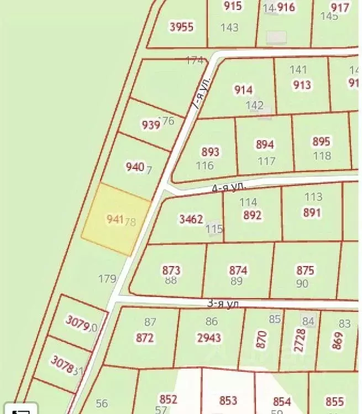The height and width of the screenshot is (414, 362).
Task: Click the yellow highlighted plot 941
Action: click(x=116, y=220)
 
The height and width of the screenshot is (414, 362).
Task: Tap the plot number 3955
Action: click(x=181, y=26)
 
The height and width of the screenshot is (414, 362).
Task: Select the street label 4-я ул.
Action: click(x=228, y=188)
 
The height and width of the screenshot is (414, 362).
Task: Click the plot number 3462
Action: click(x=191, y=220)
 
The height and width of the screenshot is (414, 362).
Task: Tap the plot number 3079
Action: click(x=77, y=323)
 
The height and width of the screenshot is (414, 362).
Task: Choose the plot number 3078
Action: click(x=62, y=364)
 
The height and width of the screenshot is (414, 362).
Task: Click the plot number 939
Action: click(x=151, y=125)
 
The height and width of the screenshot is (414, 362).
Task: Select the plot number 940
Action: click(x=135, y=166)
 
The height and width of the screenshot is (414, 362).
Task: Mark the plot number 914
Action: click(x=243, y=90)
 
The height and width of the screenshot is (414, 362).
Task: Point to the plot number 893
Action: click(x=211, y=151)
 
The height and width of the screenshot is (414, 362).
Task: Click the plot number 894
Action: click(x=265, y=145)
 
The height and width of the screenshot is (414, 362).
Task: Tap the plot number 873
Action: click(x=171, y=270)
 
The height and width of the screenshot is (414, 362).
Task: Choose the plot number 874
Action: click(x=238, y=270)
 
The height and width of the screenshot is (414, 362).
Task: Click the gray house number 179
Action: click(x=107, y=279)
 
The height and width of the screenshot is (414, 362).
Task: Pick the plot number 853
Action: click(x=228, y=401)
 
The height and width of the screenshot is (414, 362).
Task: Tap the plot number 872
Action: click(x=145, y=338)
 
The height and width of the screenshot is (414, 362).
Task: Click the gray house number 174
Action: click(x=195, y=60)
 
